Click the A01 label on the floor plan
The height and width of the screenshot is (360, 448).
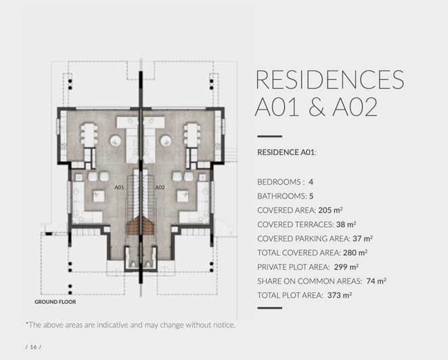coord(119,187)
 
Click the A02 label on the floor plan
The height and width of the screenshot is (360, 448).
coord(160,187)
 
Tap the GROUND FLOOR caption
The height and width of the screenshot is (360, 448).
coord(55,302)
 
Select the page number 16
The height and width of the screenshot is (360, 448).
coord(33,347)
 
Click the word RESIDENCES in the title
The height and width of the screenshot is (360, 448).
coord(330,79)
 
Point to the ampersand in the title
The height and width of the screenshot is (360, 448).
coord(316,107)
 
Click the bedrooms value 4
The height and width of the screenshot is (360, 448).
coord(311,182)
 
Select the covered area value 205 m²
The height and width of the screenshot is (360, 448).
coord(330,210)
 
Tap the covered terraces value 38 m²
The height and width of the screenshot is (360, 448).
coord(346,225)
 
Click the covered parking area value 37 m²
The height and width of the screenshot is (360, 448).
coord(363,239)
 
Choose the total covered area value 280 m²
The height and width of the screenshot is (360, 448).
coord(355,253)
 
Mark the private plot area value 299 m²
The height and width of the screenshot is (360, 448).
coord(346,267)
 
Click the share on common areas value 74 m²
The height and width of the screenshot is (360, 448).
coord(376,281)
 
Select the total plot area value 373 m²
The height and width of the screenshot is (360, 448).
coord(340,295)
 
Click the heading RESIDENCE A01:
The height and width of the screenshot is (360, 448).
coord(287,152)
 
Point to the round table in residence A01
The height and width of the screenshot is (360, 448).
coord(116,141)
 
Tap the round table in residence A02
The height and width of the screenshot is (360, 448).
coord(166,141)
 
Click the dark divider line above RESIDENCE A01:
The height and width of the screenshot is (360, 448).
coord(270,137)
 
